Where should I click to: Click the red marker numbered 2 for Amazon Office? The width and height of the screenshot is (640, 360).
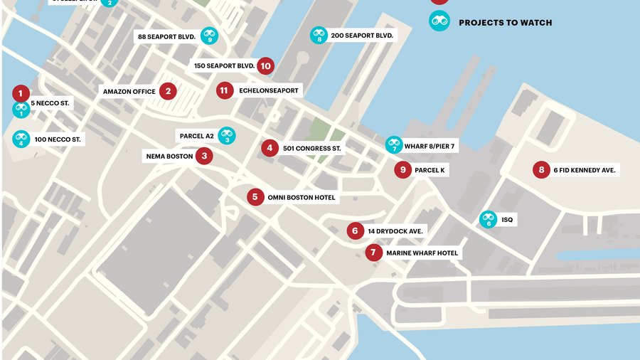click(168, 91)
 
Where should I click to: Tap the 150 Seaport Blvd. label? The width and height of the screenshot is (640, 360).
click(224, 66)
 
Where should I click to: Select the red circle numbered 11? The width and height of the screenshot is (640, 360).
click(225, 90)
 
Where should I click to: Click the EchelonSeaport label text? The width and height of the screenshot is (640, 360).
click(269, 90)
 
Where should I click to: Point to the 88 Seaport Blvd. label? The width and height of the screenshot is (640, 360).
click(167, 36)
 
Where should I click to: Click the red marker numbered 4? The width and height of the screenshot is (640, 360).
click(269, 148)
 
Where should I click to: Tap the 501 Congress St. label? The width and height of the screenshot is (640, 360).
click(312, 149)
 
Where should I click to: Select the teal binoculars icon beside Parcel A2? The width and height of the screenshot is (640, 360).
click(227, 135)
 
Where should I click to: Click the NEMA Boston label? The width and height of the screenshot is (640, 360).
click(169, 156)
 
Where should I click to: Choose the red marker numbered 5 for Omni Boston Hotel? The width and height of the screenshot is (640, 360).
click(255, 197)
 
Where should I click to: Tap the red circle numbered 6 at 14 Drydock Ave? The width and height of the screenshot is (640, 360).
click(355, 231)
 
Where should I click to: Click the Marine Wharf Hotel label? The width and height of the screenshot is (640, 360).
click(422, 253)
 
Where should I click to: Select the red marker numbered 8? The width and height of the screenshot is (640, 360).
click(541, 169)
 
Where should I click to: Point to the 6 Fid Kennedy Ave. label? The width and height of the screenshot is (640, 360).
click(584, 170)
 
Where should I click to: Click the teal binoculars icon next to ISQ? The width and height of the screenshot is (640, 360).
click(488, 220)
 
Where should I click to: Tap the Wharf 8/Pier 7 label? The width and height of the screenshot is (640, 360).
click(429, 147)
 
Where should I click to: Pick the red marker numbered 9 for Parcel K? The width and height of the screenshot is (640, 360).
click(402, 169)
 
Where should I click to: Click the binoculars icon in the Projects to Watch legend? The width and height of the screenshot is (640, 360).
click(439, 21)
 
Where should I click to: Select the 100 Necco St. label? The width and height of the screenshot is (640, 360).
click(57, 139)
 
